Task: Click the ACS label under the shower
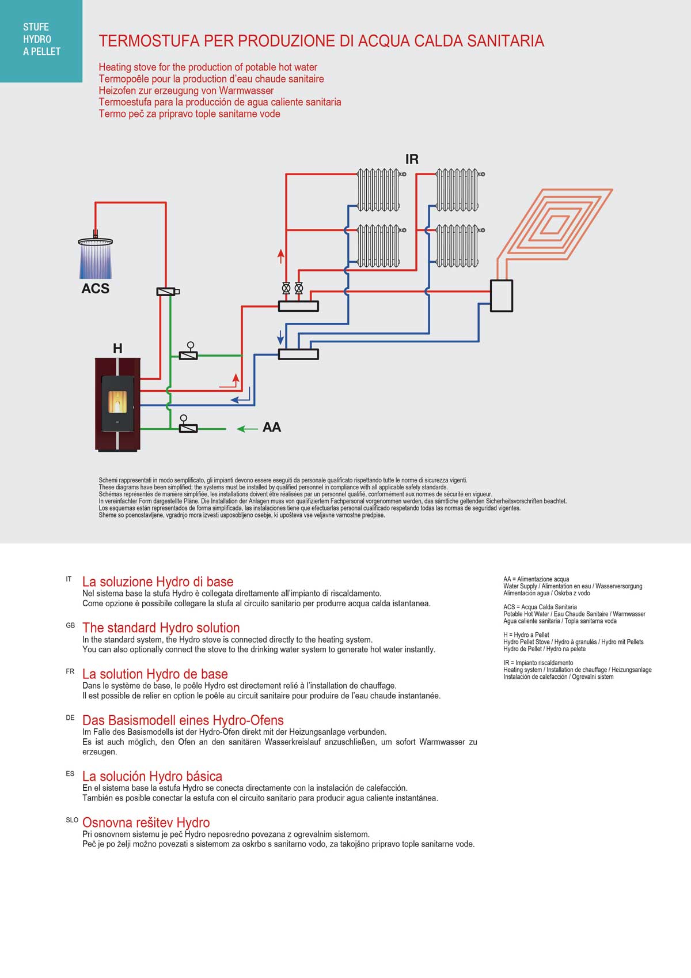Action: point(95,288)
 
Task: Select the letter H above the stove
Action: point(117,348)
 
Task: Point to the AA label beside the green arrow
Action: point(271,427)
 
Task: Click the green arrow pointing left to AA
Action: point(248,429)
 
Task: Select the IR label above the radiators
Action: point(412,159)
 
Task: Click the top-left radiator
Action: point(378,190)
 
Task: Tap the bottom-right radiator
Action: point(457,246)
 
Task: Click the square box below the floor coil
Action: point(501,296)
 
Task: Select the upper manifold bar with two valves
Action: point(298,306)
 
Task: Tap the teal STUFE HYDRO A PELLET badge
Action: point(41,40)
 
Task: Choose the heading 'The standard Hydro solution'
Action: point(161,628)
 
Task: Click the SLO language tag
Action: point(72,820)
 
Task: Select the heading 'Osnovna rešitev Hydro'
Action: point(146,822)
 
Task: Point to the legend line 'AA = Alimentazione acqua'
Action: point(536,579)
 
